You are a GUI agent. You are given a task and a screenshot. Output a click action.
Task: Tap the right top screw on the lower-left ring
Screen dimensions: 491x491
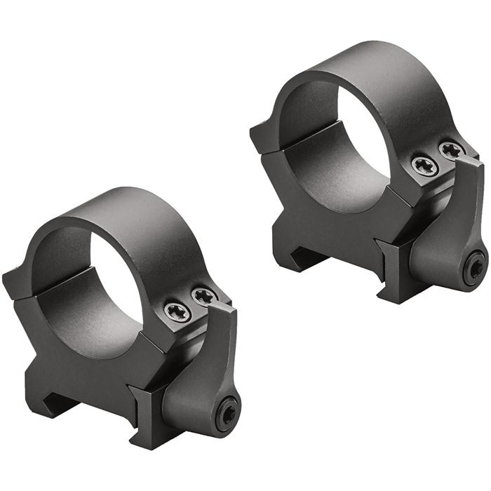[204, 297]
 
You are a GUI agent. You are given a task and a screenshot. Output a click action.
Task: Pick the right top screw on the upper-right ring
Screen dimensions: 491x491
[451, 149]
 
